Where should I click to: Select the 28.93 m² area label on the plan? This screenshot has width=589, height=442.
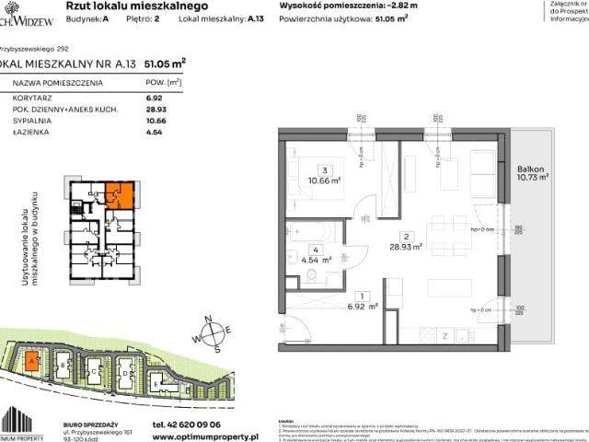pyautogui.click(x=406, y=246)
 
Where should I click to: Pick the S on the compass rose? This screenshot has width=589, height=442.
pyautogui.click(x=216, y=349)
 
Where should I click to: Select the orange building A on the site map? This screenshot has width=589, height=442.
pyautogui.click(x=32, y=361)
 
